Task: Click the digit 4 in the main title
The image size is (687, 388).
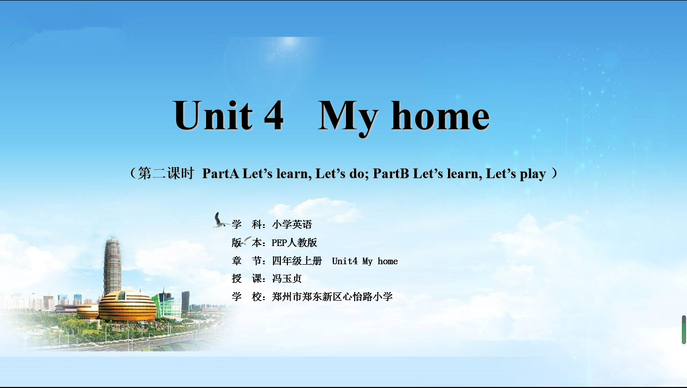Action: click(x=274, y=116)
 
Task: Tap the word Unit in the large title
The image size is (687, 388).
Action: click(x=213, y=115)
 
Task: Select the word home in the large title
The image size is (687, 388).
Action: click(x=440, y=116)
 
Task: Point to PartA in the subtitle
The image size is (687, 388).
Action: click(x=221, y=174)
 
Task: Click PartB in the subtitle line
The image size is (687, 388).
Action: click(x=391, y=174)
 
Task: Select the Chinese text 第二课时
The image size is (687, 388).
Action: click(x=166, y=173)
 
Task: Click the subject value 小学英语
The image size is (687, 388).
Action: click(x=291, y=224)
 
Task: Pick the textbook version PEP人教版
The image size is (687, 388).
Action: click(x=294, y=243)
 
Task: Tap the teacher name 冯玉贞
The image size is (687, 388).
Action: click(x=286, y=278)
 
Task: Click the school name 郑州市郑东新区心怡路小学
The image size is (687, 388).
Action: click(x=332, y=297)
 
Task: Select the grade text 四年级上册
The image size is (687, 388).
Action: click(x=297, y=261)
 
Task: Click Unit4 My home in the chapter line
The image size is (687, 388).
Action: click(x=365, y=261)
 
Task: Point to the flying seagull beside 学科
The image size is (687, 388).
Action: click(x=220, y=220)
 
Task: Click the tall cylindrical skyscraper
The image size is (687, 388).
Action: click(x=112, y=266)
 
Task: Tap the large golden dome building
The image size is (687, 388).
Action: click(x=127, y=306)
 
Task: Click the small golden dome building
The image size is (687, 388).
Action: click(x=88, y=311)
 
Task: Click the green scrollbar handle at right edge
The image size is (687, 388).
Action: click(x=684, y=329)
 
